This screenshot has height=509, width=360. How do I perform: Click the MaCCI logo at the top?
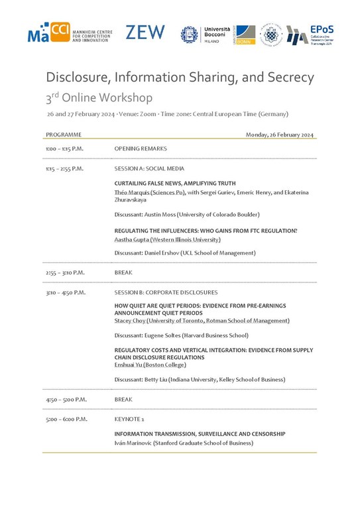pyautogui.click(x=69, y=32)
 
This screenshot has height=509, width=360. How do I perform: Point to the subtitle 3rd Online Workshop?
pyautogui.click(x=99, y=98)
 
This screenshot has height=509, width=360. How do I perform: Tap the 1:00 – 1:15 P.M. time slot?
pyautogui.click(x=64, y=149)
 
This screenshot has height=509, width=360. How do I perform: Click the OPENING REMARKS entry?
pyautogui.click(x=141, y=149)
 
